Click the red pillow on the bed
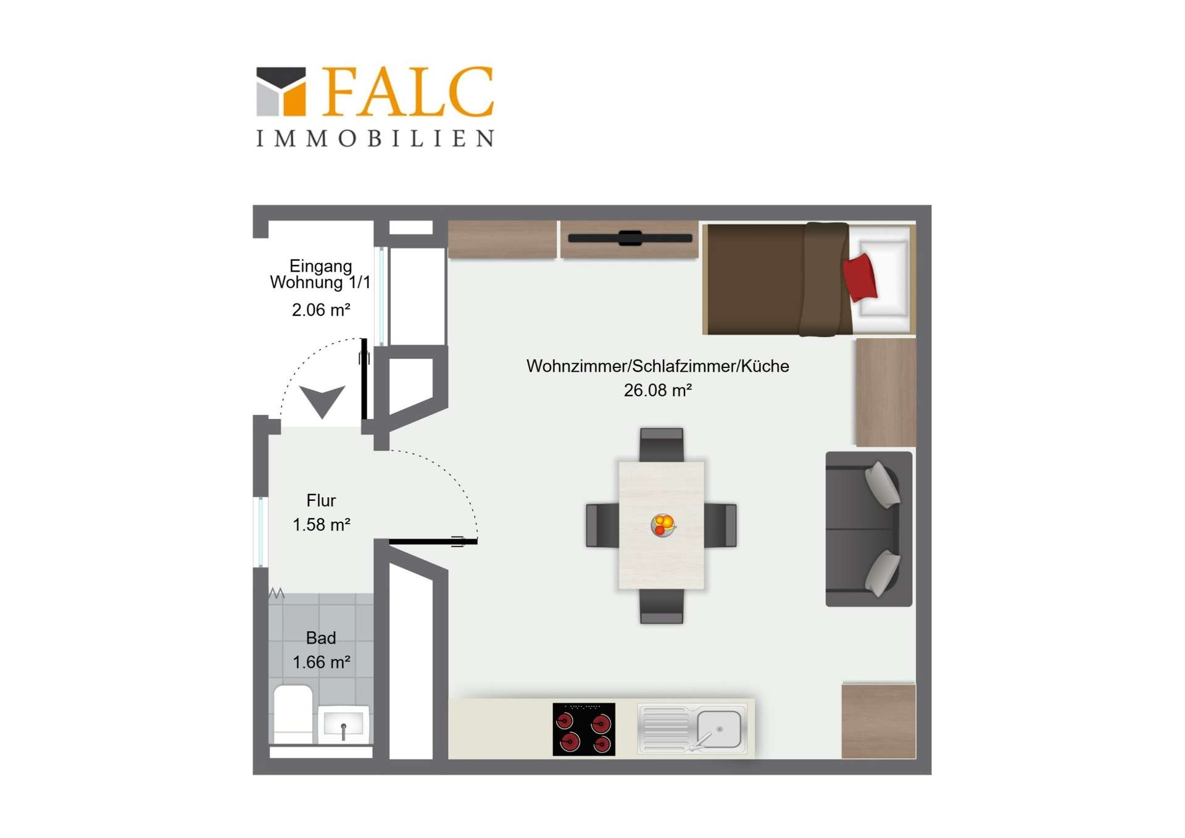[860, 277]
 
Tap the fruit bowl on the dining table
[663, 525]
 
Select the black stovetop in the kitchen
[584, 729]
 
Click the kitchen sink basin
[719, 729]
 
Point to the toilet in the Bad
[293, 713]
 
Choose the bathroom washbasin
[343, 724]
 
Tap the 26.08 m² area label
[658, 390]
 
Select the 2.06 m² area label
[321, 309]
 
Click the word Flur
[321, 500]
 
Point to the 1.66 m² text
[321, 662]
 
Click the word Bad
[321, 638]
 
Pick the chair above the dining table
[662, 445]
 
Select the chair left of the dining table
[602, 526]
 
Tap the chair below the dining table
[662, 606]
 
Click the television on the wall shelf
[630, 238]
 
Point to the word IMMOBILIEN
[375, 138]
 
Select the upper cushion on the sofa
[883, 485]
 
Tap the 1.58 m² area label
[321, 524]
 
